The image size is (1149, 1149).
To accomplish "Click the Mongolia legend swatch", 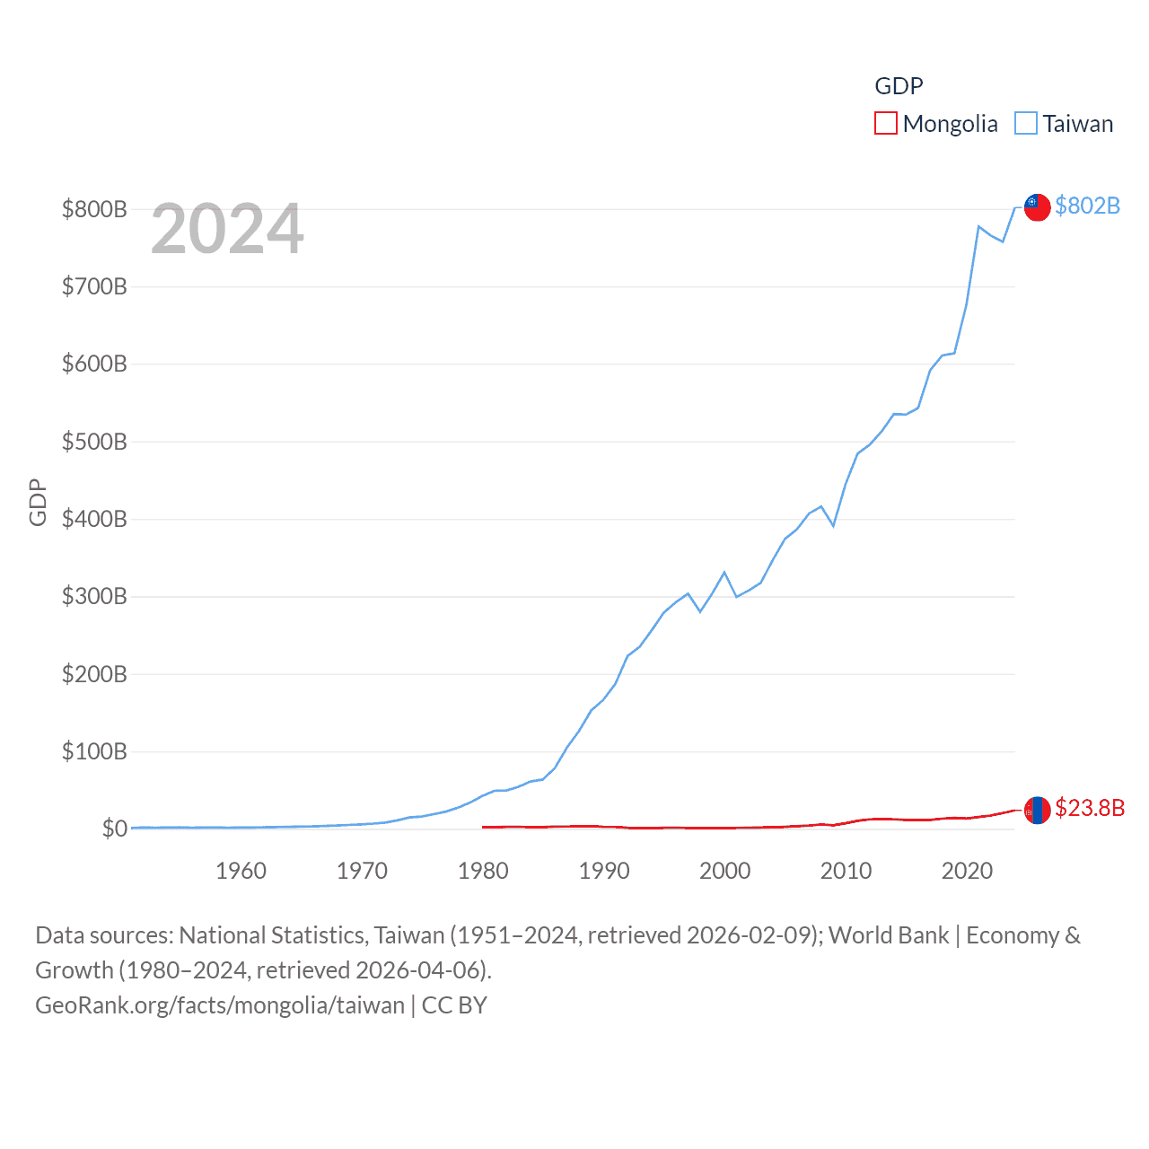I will pyautogui.click(x=886, y=123).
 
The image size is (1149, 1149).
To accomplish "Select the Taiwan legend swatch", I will pyautogui.click(x=1026, y=123).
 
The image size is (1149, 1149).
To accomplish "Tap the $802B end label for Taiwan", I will pyautogui.click(x=1087, y=206).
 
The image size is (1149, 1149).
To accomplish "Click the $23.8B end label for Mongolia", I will pyautogui.click(x=1089, y=808).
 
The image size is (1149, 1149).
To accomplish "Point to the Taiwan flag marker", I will pyautogui.click(x=1038, y=206).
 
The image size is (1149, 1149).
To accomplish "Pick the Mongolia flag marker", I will pyautogui.click(x=1038, y=810).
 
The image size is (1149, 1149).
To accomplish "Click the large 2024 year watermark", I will pyautogui.click(x=227, y=229).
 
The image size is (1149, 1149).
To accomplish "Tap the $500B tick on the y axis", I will pyautogui.click(x=94, y=442).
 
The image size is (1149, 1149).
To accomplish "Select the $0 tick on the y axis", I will pyautogui.click(x=114, y=829).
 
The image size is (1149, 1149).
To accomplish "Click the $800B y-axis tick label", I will pyautogui.click(x=94, y=209).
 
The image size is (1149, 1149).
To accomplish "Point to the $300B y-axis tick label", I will pyautogui.click(x=94, y=596).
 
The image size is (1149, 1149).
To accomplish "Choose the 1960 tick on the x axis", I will pyautogui.click(x=241, y=871).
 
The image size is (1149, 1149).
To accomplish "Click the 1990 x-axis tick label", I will pyautogui.click(x=604, y=871).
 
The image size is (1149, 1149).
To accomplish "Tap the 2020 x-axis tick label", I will pyautogui.click(x=967, y=871).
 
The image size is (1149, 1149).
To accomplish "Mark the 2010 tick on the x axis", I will pyautogui.click(x=846, y=871).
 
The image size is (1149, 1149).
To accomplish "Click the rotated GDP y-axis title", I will pyautogui.click(x=38, y=503).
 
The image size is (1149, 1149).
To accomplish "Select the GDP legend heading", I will pyautogui.click(x=899, y=85).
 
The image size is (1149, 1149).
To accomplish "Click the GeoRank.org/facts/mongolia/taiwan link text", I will pyautogui.click(x=220, y=1005).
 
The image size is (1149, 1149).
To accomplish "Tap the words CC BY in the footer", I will pyautogui.click(x=454, y=1005).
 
